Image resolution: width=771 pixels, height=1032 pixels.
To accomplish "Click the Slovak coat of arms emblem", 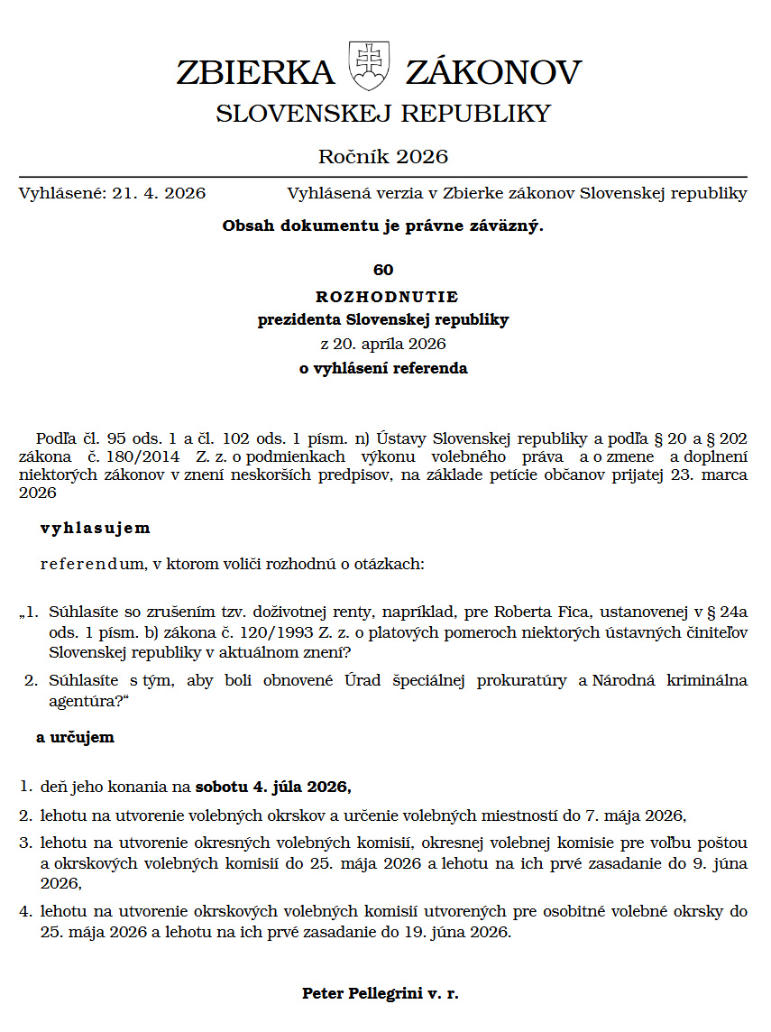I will pos(367,66).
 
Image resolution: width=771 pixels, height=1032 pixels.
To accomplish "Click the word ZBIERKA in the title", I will pos(255,72).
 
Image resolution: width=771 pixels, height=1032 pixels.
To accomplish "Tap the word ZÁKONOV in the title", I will pos(493,72).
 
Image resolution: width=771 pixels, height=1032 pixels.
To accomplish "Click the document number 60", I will pos(383,270).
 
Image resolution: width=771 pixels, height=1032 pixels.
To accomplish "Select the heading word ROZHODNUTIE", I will pos(387,296).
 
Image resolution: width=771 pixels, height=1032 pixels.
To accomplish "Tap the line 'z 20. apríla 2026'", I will pos(383,344).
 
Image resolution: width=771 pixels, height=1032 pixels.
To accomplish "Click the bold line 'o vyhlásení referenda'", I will pos(383,368).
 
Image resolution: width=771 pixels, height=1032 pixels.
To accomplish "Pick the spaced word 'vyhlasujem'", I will pos(96,528).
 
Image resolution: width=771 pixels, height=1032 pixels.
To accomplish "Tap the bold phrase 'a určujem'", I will pos(76,737).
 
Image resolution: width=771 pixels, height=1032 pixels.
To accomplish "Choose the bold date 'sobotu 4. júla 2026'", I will pos(272,786).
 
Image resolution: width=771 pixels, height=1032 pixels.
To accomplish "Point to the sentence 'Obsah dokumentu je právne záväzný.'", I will pos(383,226).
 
